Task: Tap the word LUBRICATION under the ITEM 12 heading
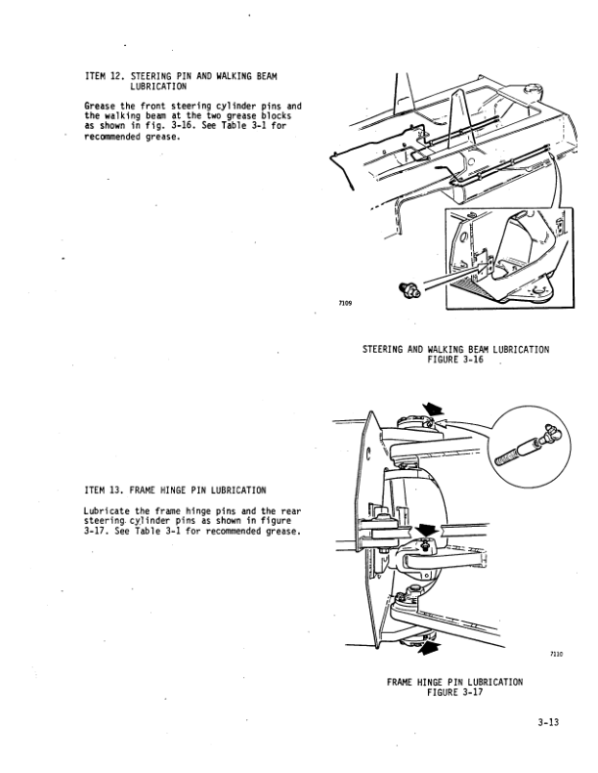tap(158, 87)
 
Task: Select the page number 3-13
tap(548, 722)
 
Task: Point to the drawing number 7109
tap(345, 303)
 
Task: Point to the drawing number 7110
tap(556, 654)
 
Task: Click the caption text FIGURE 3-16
tap(455, 360)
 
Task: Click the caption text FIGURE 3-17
tap(454, 692)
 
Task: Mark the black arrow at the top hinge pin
tap(433, 409)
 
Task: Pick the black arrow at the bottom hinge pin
tap(427, 648)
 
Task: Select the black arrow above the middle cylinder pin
tap(425, 530)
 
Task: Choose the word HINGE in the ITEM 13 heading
tap(173, 491)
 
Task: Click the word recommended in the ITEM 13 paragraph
tap(234, 532)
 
